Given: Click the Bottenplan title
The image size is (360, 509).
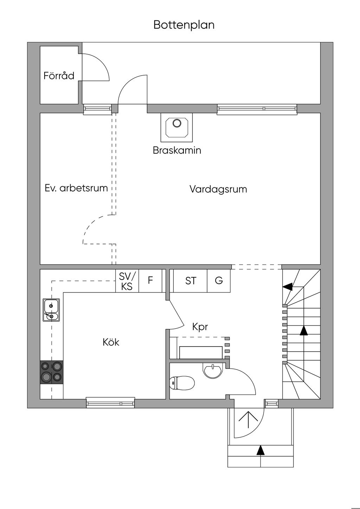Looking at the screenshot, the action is (184, 25).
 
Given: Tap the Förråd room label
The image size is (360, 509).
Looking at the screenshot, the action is (59, 76).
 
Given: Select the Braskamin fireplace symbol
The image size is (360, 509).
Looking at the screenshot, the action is (176, 127).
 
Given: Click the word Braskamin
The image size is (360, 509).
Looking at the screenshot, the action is (177, 150).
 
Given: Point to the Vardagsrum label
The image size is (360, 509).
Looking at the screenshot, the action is (218, 189).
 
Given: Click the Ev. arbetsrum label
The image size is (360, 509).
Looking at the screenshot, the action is (76, 188).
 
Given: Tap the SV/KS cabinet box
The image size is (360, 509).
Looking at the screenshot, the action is (127, 281).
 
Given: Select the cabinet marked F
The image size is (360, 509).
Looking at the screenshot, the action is (150, 281).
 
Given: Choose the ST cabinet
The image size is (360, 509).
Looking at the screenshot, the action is (191, 281).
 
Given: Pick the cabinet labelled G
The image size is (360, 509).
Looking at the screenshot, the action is (219, 281).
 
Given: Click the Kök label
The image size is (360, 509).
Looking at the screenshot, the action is (111, 342).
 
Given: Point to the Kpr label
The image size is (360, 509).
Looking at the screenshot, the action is (200, 327).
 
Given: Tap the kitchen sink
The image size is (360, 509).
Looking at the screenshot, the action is (51, 310).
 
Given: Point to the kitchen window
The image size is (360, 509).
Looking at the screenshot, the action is (110, 402).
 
